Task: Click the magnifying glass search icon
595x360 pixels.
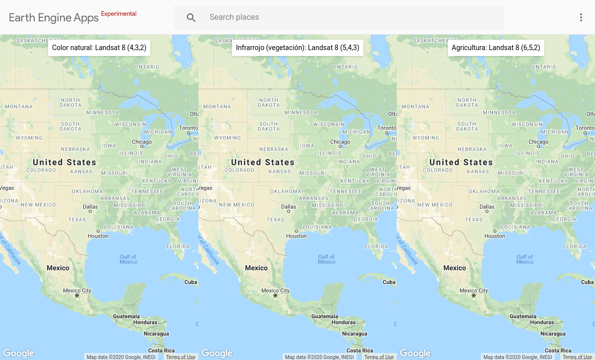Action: [191, 17]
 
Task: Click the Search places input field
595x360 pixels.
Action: [347, 17]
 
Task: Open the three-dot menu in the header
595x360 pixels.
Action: [581, 17]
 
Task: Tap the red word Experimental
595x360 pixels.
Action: [119, 14]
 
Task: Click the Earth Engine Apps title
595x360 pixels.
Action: [54, 18]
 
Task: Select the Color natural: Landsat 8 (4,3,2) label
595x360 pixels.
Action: [99, 48]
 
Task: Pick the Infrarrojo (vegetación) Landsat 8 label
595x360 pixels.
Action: [297, 48]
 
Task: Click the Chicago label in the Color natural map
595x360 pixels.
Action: [142, 142]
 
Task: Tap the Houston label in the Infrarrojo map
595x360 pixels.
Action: [297, 236]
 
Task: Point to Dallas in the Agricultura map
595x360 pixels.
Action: [487, 207]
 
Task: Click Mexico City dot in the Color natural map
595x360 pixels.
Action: [77, 296]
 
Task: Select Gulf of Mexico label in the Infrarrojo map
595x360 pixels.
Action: [326, 259]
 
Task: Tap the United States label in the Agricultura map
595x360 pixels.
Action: [461, 162]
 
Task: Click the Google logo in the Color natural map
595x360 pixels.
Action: [18, 353]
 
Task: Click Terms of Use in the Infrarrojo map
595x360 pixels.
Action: [379, 357]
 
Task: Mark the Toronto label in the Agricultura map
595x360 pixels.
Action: [585, 128]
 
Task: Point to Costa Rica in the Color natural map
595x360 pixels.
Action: [162, 351]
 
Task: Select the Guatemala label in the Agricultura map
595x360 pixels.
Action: [523, 316]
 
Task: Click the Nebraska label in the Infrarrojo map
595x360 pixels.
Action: [274, 149]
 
